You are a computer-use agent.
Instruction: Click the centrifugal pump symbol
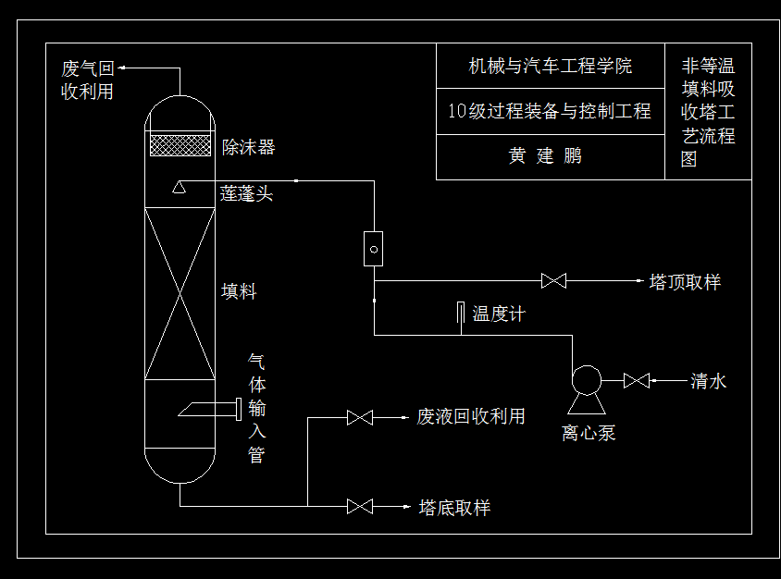586,380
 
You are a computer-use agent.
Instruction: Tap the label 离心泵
588,433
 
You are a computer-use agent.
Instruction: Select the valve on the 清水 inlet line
637,380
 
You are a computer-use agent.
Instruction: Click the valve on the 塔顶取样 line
553,280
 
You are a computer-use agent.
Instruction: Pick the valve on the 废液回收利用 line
359,418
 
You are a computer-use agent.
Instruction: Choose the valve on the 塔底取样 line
359,506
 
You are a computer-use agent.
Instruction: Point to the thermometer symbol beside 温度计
460,314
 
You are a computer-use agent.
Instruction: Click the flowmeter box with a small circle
373,249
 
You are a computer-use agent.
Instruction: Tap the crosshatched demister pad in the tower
180,145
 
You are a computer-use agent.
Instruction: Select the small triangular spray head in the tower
180,189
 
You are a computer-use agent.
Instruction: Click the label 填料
239,292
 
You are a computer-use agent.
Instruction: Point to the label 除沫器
248,147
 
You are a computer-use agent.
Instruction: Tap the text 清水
708,381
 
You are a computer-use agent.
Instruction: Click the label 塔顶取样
685,282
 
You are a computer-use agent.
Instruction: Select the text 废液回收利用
471,417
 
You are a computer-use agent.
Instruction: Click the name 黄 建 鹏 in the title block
545,156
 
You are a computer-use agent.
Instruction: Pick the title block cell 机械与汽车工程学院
550,67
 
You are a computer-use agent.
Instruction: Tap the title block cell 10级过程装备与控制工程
550,112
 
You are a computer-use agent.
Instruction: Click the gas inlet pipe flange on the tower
239,408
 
